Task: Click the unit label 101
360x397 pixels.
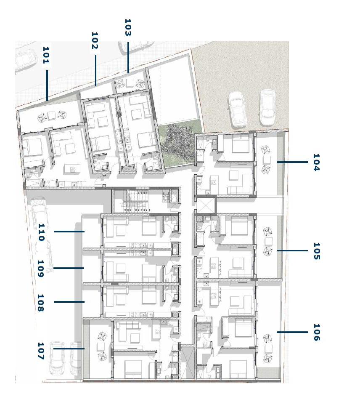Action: (x=46, y=55)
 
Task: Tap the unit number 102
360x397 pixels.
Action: (x=95, y=40)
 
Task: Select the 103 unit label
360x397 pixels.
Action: (x=128, y=27)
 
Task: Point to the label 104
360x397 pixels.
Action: (x=316, y=162)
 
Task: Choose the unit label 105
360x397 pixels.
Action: (x=317, y=251)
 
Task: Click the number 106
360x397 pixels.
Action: (x=317, y=332)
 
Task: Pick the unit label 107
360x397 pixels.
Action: (x=41, y=351)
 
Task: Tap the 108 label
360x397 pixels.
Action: (x=40, y=303)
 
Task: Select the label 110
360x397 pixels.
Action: (x=41, y=232)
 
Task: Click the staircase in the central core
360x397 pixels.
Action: (x=135, y=201)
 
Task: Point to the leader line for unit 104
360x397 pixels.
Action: (x=292, y=162)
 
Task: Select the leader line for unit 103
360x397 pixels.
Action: (x=128, y=58)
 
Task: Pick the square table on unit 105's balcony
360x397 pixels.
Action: (x=269, y=241)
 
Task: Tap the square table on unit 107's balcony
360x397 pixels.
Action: (x=101, y=346)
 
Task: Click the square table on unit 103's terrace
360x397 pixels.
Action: (x=130, y=83)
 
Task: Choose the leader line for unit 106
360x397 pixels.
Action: (x=292, y=332)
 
